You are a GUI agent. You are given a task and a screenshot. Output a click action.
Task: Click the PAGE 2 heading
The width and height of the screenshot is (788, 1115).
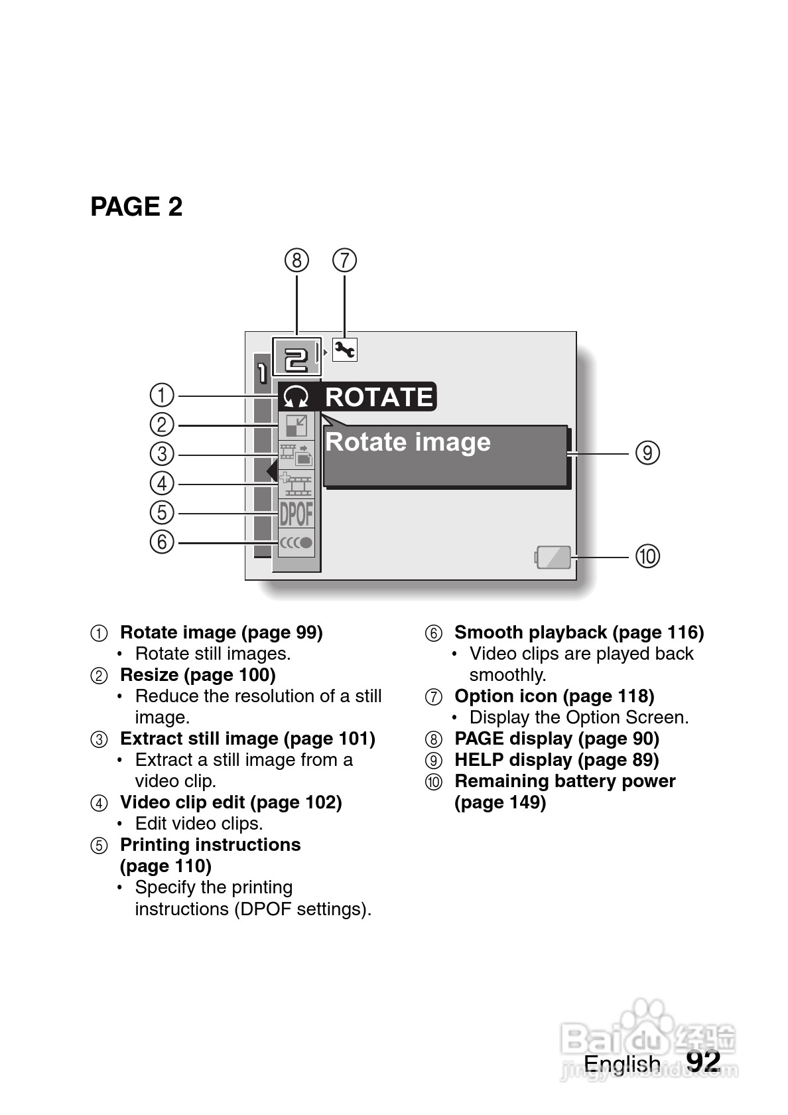(136, 207)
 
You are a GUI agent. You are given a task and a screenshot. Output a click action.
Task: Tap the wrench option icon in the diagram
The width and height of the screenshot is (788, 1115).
(344, 349)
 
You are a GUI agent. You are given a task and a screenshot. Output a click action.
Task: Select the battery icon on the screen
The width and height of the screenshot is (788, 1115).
(553, 557)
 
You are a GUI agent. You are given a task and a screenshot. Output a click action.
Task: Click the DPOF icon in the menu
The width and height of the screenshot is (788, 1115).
(296, 514)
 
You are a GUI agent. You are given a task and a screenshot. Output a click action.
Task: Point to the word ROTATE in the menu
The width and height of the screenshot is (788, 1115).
(379, 397)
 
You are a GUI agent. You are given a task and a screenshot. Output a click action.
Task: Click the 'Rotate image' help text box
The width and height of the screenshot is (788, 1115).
(445, 456)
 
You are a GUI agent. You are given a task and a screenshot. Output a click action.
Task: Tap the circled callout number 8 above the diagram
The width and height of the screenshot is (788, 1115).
(296, 260)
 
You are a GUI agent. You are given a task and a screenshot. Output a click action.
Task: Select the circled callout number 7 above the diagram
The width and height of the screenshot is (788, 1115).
(344, 260)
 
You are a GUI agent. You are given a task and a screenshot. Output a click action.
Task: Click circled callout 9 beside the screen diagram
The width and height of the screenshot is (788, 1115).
(647, 453)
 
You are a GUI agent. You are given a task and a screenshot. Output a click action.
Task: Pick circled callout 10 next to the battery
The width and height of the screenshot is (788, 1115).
(648, 556)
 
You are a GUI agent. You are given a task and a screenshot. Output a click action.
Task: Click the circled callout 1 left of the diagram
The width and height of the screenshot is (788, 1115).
(162, 395)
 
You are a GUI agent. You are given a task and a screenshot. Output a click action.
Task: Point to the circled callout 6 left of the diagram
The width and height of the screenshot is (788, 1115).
(162, 542)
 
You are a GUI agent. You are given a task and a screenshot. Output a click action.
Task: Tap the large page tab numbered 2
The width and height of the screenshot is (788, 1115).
(296, 358)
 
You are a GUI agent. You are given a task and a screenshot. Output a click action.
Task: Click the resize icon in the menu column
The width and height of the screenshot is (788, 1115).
(296, 425)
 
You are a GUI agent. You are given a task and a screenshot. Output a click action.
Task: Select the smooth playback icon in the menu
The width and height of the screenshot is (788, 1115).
(296, 542)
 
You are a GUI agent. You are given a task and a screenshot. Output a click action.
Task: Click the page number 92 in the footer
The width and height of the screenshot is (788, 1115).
(703, 1061)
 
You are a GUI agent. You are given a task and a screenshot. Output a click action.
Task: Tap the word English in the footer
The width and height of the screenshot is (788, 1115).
(622, 1064)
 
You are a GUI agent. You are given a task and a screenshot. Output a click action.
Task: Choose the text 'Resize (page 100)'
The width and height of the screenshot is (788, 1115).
(198, 675)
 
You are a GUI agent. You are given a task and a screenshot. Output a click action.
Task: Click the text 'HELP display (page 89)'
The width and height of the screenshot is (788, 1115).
(557, 760)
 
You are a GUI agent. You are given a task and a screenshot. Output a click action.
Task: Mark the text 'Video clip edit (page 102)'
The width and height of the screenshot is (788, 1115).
(231, 802)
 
